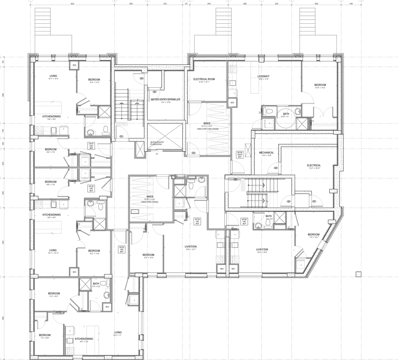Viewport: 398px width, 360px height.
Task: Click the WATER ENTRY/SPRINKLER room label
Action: pos(165,99)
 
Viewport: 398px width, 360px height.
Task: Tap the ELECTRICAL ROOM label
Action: pos(204,79)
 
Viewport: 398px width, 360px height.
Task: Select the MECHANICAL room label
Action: pos(266,153)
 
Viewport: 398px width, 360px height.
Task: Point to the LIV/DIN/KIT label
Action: pos(263,76)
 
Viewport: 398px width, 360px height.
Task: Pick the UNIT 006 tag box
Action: pos(239,155)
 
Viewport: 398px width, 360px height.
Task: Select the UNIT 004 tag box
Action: pos(197,221)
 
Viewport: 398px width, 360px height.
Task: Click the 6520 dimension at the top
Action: pos(72,4)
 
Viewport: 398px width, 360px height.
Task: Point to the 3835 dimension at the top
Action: pos(317,4)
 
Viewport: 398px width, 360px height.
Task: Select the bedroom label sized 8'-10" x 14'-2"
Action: pos(320,85)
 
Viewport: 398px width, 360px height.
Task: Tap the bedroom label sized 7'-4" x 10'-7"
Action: pos(313,235)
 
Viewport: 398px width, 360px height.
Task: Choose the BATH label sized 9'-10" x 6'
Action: pos(286,114)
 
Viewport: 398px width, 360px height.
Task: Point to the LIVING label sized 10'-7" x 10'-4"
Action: pos(53,76)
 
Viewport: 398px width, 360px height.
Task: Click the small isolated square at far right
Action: pos(359,274)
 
